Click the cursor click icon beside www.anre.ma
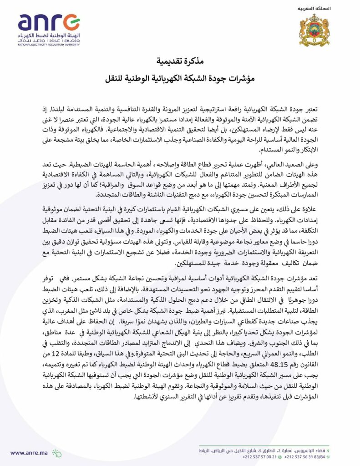coord(56,452)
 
